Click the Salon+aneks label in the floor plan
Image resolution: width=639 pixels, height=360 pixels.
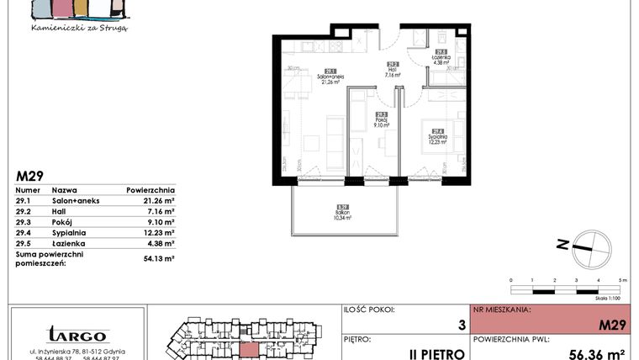pyautogui.click(x=329, y=77)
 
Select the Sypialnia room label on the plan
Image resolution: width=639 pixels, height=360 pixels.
pyautogui.click(x=435, y=135)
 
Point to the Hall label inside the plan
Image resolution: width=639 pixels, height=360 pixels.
pyautogui.click(x=392, y=71)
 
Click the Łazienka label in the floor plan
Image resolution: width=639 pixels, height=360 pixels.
pyautogui.click(x=442, y=58)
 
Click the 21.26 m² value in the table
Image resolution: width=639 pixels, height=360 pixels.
pyautogui.click(x=157, y=201)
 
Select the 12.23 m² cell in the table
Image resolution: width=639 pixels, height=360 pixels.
pyautogui.click(x=157, y=233)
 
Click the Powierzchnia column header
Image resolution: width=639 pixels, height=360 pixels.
pyautogui.click(x=151, y=190)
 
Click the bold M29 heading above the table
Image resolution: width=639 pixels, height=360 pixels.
pyautogui.click(x=30, y=176)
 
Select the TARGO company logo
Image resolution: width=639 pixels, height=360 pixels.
pyautogui.click(x=77, y=335)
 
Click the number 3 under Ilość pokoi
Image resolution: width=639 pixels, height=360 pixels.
pyautogui.click(x=461, y=323)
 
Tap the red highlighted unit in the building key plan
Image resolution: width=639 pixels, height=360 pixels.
pyautogui.click(x=250, y=349)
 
